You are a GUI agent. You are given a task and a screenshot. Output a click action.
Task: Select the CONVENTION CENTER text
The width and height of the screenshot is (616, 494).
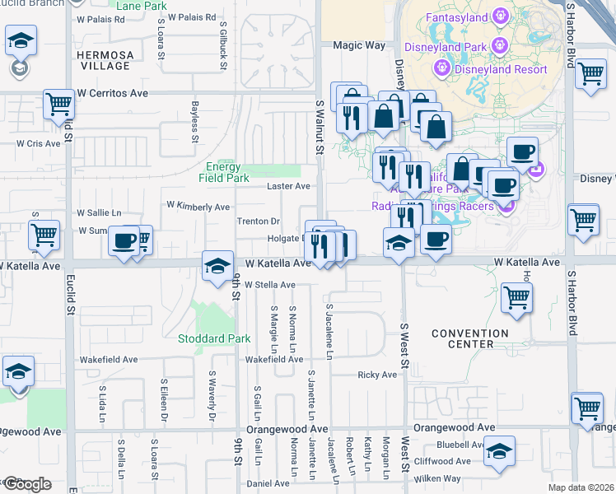click(470, 338)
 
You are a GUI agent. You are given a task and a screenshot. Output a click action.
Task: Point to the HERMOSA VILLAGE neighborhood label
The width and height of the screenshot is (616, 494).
click(103, 59)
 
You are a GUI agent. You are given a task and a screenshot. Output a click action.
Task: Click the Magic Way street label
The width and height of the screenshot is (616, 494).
click(353, 46)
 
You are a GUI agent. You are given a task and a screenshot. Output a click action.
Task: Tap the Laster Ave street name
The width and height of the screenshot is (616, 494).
click(288, 186)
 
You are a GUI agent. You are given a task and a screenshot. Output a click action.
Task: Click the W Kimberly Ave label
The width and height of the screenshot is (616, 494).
click(198, 207)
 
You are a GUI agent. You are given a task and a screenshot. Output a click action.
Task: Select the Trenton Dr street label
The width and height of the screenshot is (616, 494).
click(259, 221)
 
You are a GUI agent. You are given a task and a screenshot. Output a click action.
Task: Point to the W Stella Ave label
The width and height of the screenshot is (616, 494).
click(269, 285)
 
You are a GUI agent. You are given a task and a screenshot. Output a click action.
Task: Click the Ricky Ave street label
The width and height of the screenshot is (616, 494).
click(377, 375)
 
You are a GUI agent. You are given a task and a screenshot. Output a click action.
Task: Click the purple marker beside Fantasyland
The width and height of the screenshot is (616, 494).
click(499, 16)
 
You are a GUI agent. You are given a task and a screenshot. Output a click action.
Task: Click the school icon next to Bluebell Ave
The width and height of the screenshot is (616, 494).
click(499, 451)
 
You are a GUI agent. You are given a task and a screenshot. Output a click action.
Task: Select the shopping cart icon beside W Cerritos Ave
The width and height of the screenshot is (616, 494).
click(59, 104)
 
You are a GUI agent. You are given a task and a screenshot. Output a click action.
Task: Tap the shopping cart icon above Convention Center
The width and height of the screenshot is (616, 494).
click(516, 297)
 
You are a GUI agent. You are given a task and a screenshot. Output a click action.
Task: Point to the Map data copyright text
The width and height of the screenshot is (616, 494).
click(581, 487)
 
